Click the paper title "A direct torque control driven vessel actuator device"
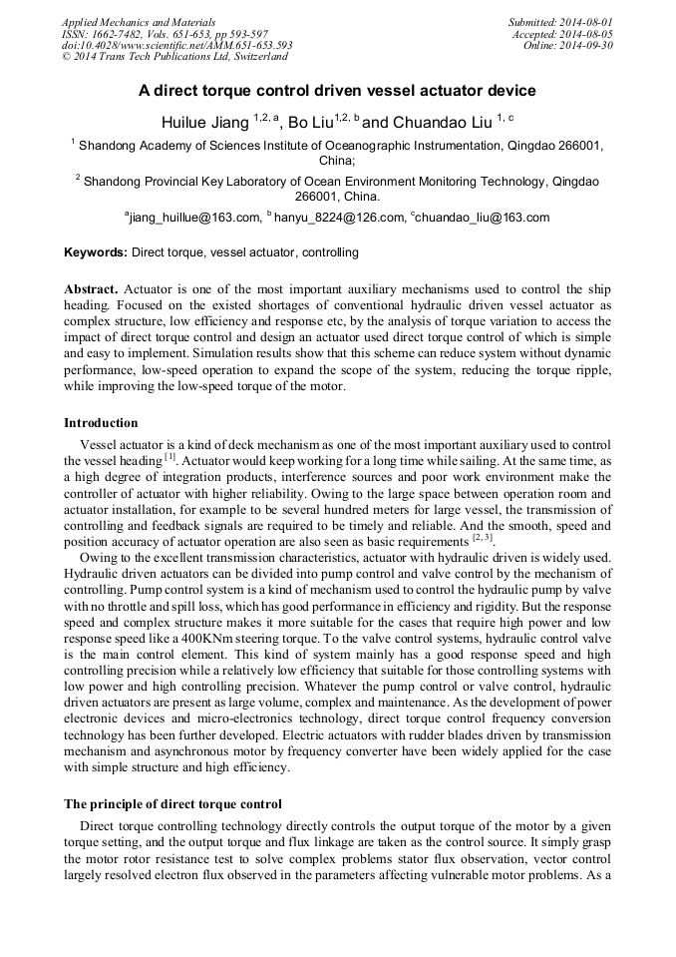(x=337, y=91)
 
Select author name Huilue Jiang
(x=204, y=122)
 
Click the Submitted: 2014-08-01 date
(x=561, y=22)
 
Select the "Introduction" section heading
(x=101, y=423)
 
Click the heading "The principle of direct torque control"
(x=172, y=803)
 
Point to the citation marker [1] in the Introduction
(x=169, y=458)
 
